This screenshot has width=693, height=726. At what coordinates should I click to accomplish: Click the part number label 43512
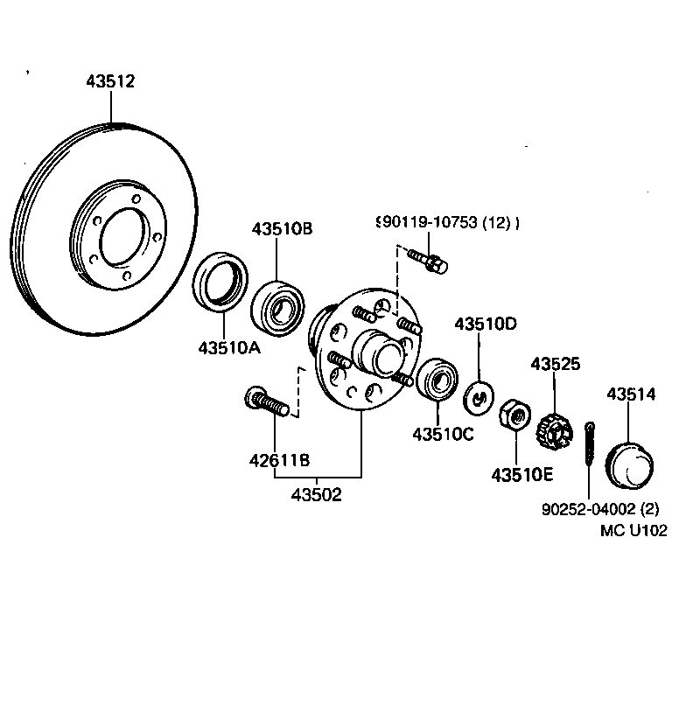tap(110, 81)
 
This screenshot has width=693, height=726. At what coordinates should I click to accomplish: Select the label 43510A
tap(229, 347)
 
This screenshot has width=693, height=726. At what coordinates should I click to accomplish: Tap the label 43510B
tap(282, 229)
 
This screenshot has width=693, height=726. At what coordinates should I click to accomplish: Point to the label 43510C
tap(443, 434)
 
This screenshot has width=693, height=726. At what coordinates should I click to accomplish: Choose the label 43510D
tap(485, 325)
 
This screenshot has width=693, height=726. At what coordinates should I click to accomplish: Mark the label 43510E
tap(521, 475)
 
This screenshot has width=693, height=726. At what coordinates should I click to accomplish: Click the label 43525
tap(555, 364)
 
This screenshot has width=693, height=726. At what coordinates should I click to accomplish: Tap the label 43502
tap(316, 494)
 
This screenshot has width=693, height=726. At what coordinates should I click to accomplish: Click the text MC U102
tap(633, 530)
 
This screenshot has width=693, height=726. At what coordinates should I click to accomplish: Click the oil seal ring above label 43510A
tap(214, 282)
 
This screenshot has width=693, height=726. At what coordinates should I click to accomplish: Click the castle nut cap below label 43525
tap(554, 429)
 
